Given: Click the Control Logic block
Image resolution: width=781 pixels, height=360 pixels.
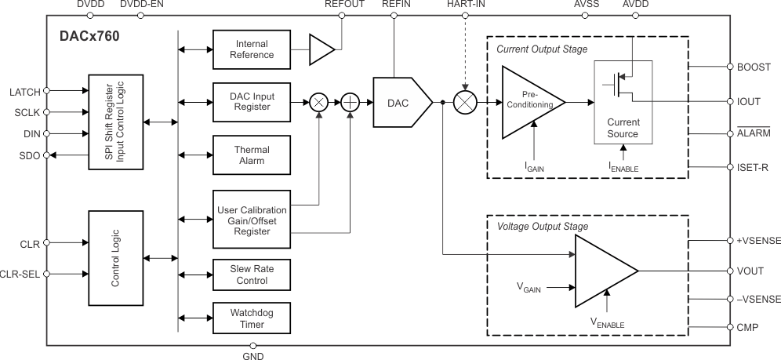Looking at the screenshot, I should pyautogui.click(x=114, y=258).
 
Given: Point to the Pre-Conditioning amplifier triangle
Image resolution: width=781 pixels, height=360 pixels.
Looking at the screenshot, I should pyautogui.click(x=531, y=103).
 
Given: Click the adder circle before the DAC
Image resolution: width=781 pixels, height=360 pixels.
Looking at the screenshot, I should pyautogui.click(x=349, y=103).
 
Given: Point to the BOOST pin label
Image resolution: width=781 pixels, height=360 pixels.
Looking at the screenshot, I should pyautogui.click(x=754, y=67).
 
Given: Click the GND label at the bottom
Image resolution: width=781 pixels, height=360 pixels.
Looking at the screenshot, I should pyautogui.click(x=253, y=356).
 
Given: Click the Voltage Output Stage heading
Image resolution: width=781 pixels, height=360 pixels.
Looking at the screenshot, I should pyautogui.click(x=543, y=227).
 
